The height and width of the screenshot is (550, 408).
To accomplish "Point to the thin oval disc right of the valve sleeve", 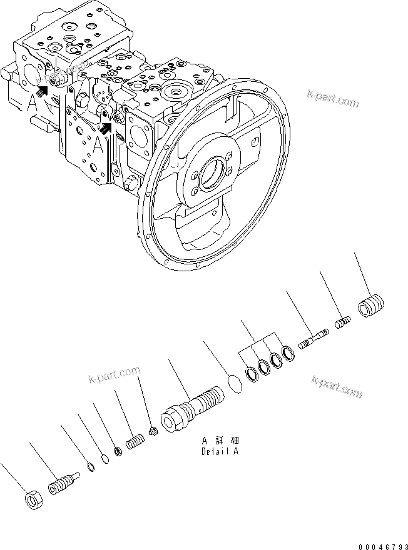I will point(234,383).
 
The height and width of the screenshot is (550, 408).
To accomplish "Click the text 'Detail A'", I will point(219,451).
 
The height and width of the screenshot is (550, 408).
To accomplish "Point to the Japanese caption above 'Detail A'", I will point(219,440).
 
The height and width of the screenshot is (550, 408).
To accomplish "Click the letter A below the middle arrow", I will point(98,144).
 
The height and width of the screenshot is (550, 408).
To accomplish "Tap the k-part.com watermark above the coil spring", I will point(115,377).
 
